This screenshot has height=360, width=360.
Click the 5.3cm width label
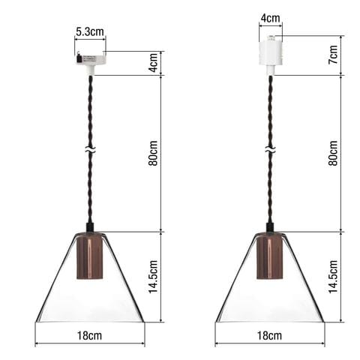click(90, 32)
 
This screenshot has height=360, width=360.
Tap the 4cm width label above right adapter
click(271, 18)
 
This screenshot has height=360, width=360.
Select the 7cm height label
click(333, 55)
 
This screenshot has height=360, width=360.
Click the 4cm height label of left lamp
click(153, 62)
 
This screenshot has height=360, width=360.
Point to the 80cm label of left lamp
click(153, 153)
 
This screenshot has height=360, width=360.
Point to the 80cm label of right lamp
click(333, 153)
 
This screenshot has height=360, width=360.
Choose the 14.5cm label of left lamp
click(153, 277)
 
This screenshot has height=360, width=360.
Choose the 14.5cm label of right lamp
click(333, 277)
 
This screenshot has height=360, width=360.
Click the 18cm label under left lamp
click(89, 335)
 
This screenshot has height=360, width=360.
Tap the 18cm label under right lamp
click(269, 335)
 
